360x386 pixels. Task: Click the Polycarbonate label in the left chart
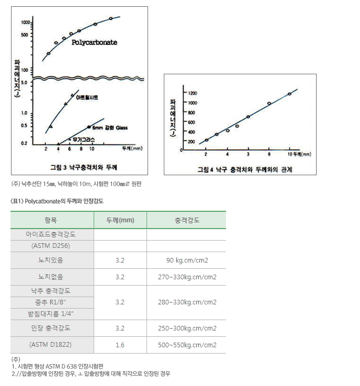tap(94, 42)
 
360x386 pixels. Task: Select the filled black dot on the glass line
tap(88, 127)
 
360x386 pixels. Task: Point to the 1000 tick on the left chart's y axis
tap(25, 23)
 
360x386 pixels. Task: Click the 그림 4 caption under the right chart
tap(244, 169)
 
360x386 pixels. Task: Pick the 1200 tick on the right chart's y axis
tap(192, 93)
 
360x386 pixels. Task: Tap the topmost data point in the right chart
tap(289, 94)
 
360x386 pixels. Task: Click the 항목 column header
tap(51, 220)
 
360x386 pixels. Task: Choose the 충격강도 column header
tap(187, 220)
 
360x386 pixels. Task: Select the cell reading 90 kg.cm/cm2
tap(187, 260)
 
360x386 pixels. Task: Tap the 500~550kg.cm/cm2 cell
tap(187, 345)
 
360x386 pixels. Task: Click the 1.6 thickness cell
tap(120, 345)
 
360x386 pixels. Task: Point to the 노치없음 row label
tap(51, 277)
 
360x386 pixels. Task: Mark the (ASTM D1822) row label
tap(51, 345)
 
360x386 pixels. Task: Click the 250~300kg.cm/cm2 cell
tap(187, 328)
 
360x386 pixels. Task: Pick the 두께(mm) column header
tap(120, 220)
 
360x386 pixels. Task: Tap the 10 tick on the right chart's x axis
tap(289, 155)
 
